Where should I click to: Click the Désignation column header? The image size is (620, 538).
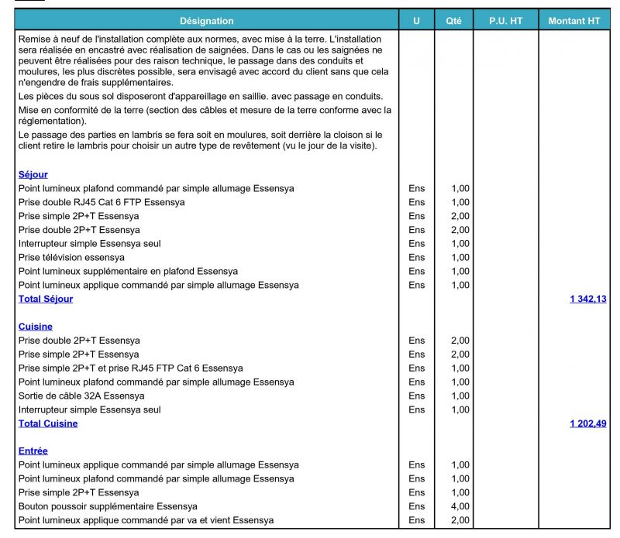[206, 21]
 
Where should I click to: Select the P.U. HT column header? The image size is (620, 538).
[505, 21]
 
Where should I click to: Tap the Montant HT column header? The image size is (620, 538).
[574, 21]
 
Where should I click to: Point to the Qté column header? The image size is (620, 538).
[453, 21]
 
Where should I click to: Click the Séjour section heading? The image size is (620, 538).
[33, 175]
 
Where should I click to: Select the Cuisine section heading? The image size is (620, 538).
[36, 327]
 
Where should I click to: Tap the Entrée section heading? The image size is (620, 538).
[33, 451]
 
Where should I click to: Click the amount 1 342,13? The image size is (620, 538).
[587, 299]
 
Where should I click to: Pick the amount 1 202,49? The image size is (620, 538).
[587, 423]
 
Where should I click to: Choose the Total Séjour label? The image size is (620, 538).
[46, 299]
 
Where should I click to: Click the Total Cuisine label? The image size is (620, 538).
[48, 423]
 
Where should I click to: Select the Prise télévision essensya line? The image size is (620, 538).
[71, 257]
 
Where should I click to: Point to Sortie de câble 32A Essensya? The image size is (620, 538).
[81, 396]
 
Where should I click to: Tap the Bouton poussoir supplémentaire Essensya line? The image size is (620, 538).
[97, 506]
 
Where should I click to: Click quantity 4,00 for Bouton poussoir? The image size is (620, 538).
[460, 506]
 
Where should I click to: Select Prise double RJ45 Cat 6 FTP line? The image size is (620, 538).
[102, 202]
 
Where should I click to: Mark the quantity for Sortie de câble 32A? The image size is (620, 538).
[460, 396]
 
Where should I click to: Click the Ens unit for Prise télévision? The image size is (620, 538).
[417, 257]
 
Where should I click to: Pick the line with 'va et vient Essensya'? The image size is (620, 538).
[146, 520]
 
